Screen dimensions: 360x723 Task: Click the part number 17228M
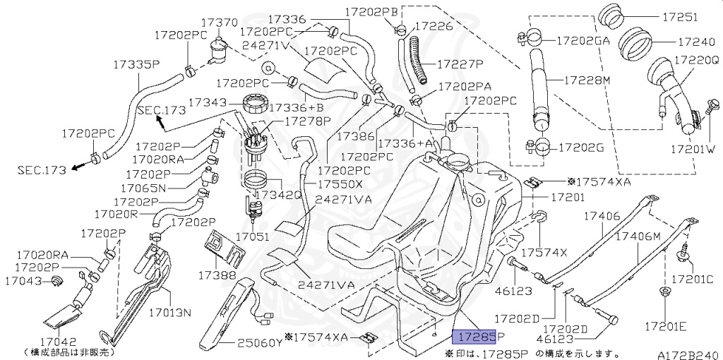pyautogui.click(x=587, y=80)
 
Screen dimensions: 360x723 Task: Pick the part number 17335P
pyautogui.click(x=136, y=65)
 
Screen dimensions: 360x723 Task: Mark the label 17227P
pyautogui.click(x=460, y=64)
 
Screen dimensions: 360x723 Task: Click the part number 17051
pyautogui.click(x=252, y=237)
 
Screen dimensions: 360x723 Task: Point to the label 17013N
pyautogui.click(x=169, y=311)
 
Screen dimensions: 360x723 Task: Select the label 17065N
pyautogui.click(x=143, y=188)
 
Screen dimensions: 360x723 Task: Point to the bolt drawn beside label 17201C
pyautogui.click(x=684, y=251)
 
